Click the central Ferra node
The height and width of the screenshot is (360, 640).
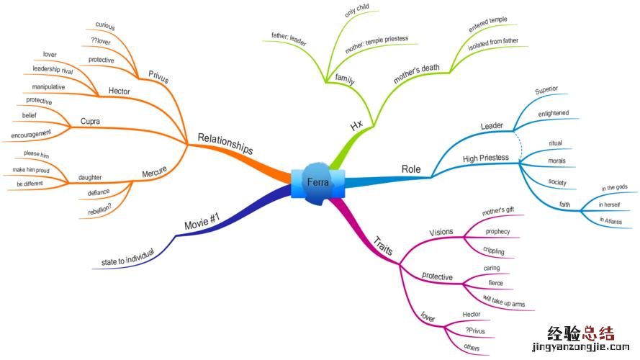tap(318, 182)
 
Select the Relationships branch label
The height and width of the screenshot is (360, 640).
tap(225, 142)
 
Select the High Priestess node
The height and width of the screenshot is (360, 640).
tap(486, 158)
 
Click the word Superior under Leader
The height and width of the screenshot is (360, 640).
tap(546, 90)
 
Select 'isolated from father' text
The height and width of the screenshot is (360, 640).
tap(493, 40)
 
